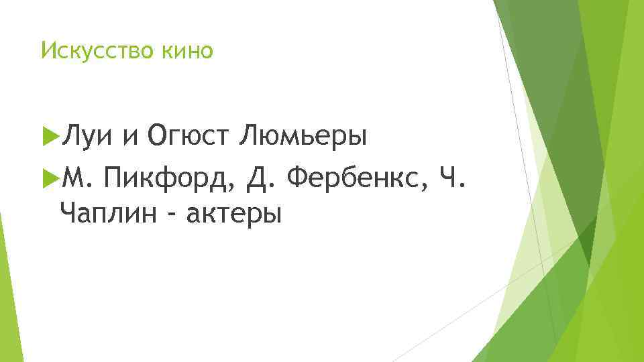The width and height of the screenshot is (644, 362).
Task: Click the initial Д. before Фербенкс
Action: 262,179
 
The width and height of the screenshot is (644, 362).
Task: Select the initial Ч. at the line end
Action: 451,179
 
